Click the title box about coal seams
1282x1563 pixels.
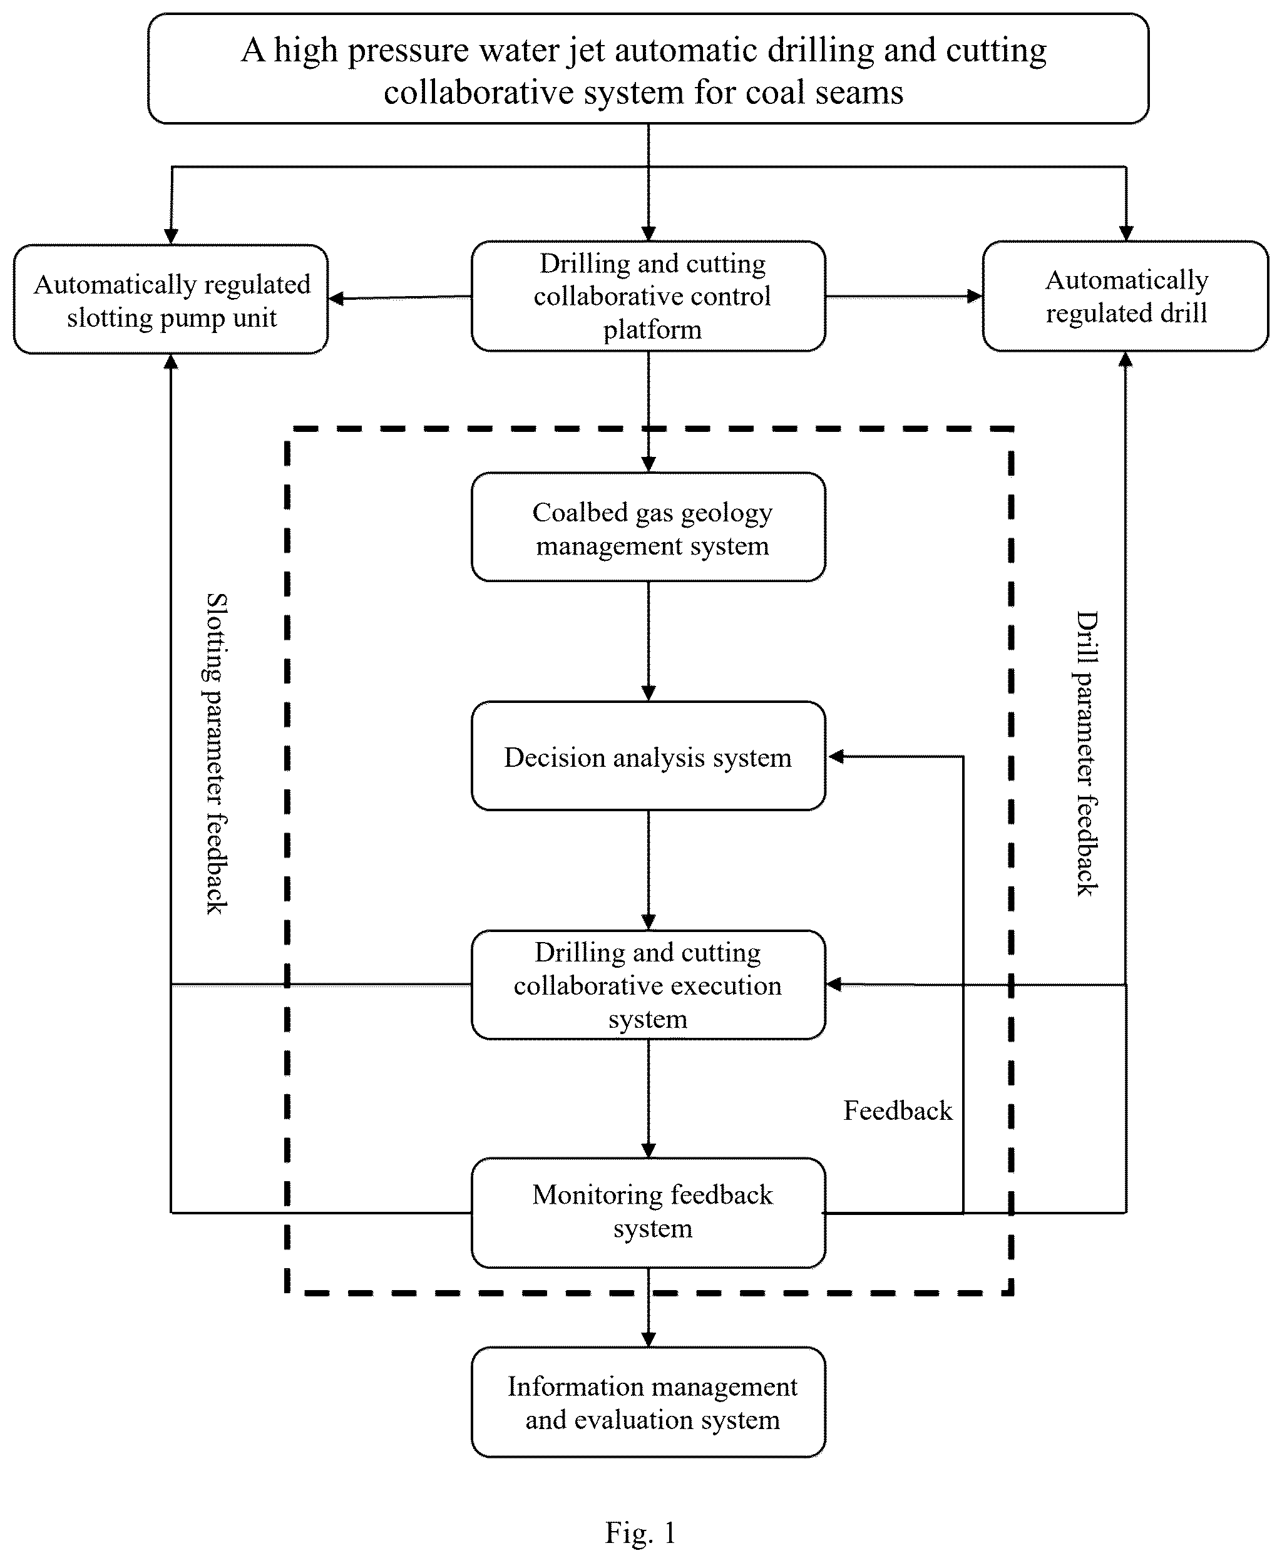(x=648, y=68)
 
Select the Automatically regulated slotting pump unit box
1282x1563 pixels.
(x=171, y=299)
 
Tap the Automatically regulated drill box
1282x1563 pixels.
(x=1126, y=296)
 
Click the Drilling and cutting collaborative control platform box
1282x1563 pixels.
(x=649, y=296)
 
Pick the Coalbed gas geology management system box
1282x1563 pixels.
(x=649, y=527)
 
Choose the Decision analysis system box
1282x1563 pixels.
(x=649, y=756)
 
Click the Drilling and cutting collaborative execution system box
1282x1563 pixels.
(x=649, y=985)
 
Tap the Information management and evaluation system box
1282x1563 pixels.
(x=649, y=1402)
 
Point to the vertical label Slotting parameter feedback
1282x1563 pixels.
(x=215, y=753)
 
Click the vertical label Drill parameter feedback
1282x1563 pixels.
(x=1086, y=753)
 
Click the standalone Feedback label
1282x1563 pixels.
(x=898, y=1110)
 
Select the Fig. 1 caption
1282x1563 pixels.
(x=640, y=1533)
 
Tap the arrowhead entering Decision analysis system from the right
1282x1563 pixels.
(x=835, y=756)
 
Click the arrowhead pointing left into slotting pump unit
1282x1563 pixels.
(x=337, y=299)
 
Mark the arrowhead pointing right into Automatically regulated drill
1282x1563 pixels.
(x=975, y=296)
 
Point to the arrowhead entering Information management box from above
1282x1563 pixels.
(x=649, y=1340)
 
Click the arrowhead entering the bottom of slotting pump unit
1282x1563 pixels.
(x=171, y=362)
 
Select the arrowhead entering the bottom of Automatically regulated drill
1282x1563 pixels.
(x=1126, y=359)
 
